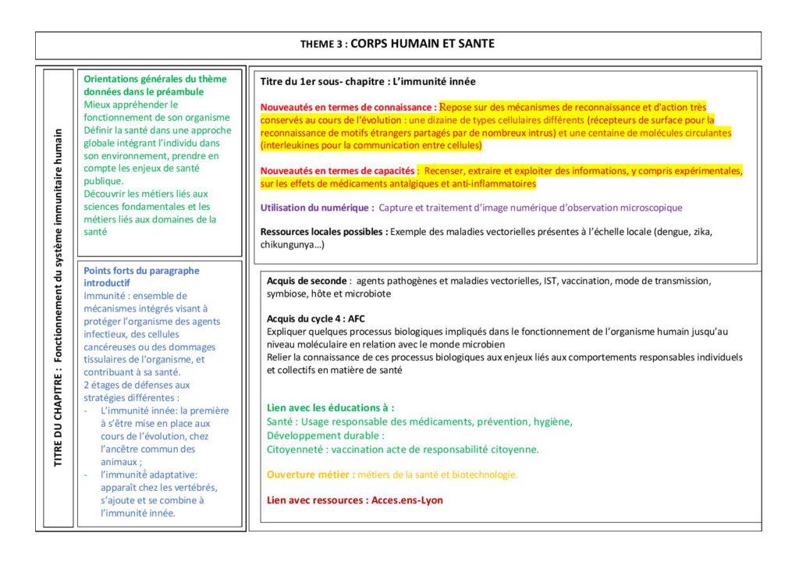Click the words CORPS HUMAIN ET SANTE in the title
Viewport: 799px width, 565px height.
[x=422, y=44]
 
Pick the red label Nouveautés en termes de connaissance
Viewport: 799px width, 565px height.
[x=348, y=107]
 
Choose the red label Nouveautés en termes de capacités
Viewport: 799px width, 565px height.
[x=338, y=170]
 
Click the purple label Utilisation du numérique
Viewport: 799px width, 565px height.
[x=316, y=208]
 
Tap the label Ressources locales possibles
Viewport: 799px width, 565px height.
[x=323, y=232]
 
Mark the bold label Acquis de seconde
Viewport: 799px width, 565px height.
[x=307, y=281]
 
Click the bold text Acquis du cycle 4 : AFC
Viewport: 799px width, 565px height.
[x=315, y=318]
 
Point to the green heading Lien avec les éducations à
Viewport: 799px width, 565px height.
[x=330, y=407]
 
